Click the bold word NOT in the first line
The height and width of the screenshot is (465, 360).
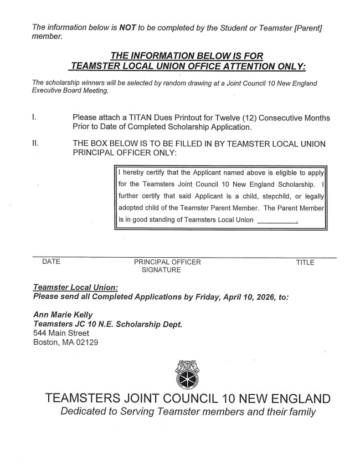[128, 27]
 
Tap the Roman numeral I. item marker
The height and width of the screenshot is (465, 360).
[34, 118]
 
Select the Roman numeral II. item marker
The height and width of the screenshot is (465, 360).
[35, 144]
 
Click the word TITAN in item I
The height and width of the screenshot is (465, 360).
[147, 118]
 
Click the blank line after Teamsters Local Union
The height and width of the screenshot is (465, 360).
[277, 220]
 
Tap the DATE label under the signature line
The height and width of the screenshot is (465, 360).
[51, 262]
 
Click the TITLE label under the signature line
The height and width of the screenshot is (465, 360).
[305, 262]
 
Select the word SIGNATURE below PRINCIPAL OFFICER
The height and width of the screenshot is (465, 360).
[161, 270]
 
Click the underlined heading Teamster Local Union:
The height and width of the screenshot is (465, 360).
[75, 288]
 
